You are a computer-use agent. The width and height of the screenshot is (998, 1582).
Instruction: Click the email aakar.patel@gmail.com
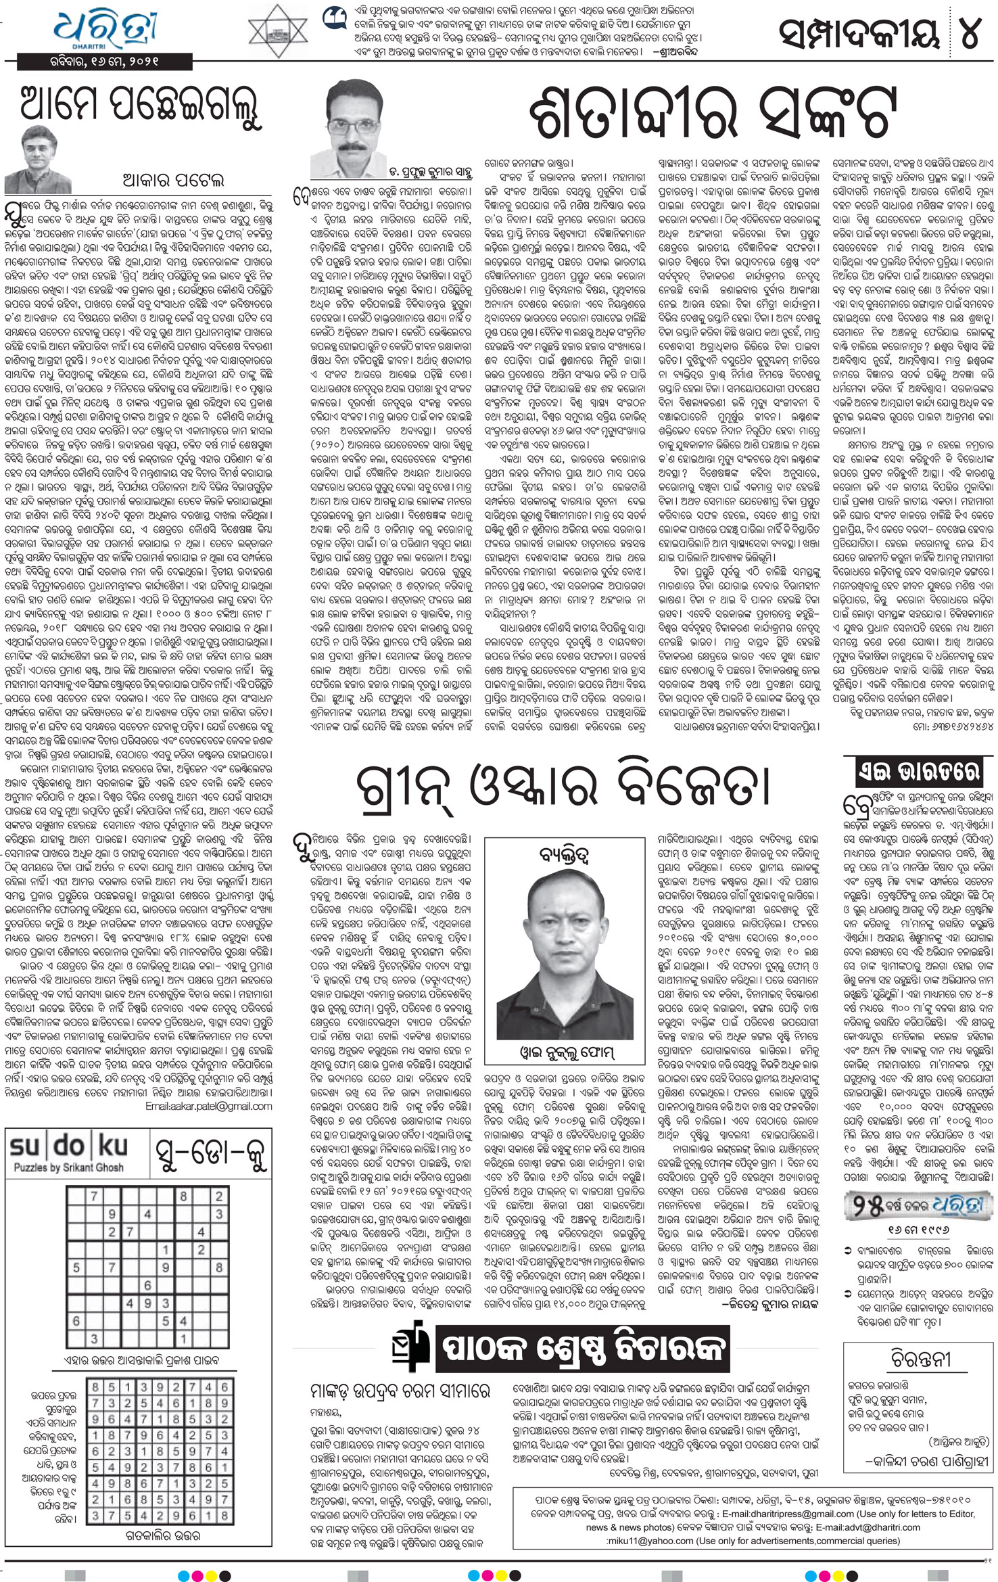click(208, 1107)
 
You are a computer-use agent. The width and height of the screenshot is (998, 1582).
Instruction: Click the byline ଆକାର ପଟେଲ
click(172, 180)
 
